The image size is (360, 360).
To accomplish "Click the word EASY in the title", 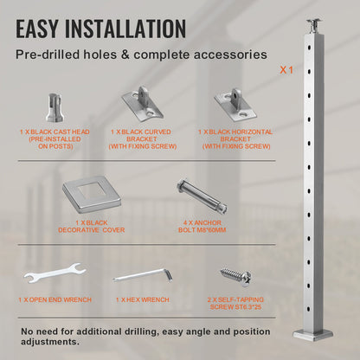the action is [37, 29].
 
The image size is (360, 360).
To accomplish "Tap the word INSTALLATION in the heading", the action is [125, 29].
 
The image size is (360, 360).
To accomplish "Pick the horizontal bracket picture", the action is [235, 104].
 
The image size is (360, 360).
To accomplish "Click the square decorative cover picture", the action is [92, 196].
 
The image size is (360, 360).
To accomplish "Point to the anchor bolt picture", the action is [202, 196].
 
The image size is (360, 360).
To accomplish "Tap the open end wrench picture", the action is [55, 273].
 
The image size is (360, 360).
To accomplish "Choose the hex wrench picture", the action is [143, 275].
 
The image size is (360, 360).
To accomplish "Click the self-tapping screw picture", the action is [236, 276].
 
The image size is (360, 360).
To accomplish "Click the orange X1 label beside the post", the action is [286, 70].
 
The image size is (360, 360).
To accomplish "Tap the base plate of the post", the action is [312, 336].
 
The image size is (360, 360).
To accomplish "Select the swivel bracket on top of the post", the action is [313, 26].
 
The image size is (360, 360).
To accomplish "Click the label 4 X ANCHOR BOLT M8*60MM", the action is [202, 227].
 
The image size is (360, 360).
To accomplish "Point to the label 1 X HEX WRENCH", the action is [143, 300].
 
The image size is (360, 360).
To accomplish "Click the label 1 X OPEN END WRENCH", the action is [55, 300].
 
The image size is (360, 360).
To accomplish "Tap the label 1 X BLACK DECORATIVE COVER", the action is [92, 227].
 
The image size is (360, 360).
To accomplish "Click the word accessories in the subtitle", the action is [230, 55].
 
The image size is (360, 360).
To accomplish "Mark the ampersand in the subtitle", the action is [125, 55].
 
